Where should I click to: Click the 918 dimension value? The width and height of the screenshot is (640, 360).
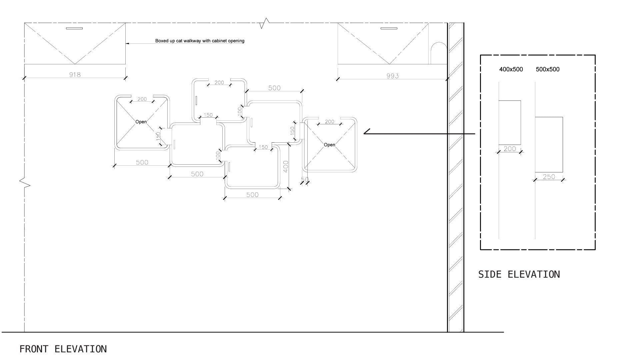[x=75, y=74]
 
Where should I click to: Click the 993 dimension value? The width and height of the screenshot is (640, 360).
[x=392, y=76]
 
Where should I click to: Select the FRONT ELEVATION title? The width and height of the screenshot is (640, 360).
[x=63, y=349]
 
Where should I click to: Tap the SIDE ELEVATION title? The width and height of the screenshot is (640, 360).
[x=519, y=274]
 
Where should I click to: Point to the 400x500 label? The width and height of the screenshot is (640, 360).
[x=511, y=69]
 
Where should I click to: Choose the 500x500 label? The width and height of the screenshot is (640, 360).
[x=548, y=69]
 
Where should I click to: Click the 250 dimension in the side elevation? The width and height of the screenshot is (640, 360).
[x=549, y=177]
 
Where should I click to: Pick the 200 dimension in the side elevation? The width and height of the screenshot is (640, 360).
[x=510, y=149]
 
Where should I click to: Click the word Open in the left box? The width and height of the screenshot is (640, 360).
[x=141, y=122]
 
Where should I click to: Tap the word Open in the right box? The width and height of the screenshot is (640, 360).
[x=329, y=145]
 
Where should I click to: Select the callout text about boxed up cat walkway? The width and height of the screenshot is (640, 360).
[x=200, y=41]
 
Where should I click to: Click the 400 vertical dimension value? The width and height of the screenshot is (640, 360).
[x=286, y=167]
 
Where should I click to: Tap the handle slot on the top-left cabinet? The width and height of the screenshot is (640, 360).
[x=74, y=28]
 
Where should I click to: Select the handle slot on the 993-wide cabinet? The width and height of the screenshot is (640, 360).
[x=389, y=28]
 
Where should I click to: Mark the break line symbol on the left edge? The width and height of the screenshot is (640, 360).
[x=24, y=183]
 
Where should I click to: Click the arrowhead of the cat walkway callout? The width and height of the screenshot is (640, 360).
[x=127, y=43]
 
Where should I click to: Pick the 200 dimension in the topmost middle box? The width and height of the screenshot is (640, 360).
[x=219, y=82]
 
